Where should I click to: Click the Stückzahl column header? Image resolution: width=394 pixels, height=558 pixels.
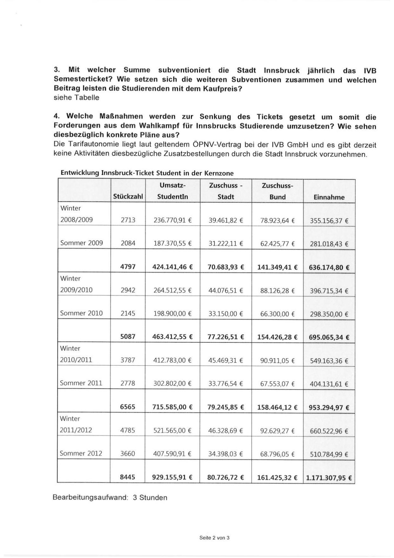[x=128, y=197]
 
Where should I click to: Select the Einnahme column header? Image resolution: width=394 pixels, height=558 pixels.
[x=329, y=197]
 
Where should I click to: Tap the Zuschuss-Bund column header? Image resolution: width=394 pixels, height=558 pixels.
[x=277, y=191]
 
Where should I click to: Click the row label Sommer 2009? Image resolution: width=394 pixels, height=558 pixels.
[x=82, y=243]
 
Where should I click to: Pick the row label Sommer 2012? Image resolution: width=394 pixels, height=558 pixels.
[x=81, y=453]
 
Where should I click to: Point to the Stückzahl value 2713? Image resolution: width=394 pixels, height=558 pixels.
[x=128, y=220]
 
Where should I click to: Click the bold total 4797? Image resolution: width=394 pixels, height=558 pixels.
[x=128, y=267]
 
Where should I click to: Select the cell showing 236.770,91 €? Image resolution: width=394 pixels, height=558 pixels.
[x=173, y=220]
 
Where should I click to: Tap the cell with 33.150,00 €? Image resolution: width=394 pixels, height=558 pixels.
[x=226, y=314]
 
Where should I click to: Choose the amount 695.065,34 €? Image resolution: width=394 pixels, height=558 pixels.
[x=329, y=337]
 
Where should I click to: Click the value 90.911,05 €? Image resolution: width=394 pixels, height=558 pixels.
[x=277, y=361]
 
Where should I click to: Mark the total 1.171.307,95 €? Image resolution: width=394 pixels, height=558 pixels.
[x=329, y=478]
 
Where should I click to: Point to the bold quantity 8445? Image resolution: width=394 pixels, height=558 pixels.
[x=128, y=477]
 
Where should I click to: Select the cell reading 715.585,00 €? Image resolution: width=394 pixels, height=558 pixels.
[x=173, y=407]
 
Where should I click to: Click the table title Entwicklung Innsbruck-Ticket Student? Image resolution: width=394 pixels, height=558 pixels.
[x=147, y=173]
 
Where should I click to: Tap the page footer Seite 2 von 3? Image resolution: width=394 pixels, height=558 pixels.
[x=214, y=538]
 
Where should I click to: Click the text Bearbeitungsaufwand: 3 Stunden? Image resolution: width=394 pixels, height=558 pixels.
[x=110, y=498]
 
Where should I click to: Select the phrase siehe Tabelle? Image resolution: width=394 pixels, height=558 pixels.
[x=77, y=98]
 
